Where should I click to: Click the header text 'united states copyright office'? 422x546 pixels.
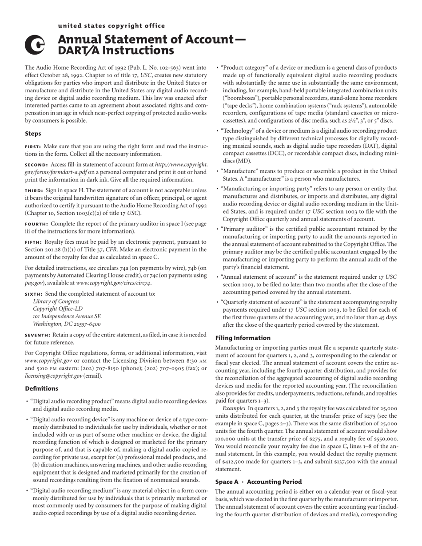(x=111, y=26)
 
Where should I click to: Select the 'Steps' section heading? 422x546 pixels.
(x=33, y=134)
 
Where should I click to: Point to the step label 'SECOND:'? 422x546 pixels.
(x=36, y=165)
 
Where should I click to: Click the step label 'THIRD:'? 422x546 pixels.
(x=34, y=190)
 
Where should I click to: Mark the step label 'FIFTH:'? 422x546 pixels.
(x=34, y=242)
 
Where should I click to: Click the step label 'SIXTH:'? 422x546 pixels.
(x=34, y=294)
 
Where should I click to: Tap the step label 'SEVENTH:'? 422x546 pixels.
(x=38, y=335)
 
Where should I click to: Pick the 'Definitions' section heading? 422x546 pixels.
(x=41, y=388)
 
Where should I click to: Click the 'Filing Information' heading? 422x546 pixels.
(x=243, y=338)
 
